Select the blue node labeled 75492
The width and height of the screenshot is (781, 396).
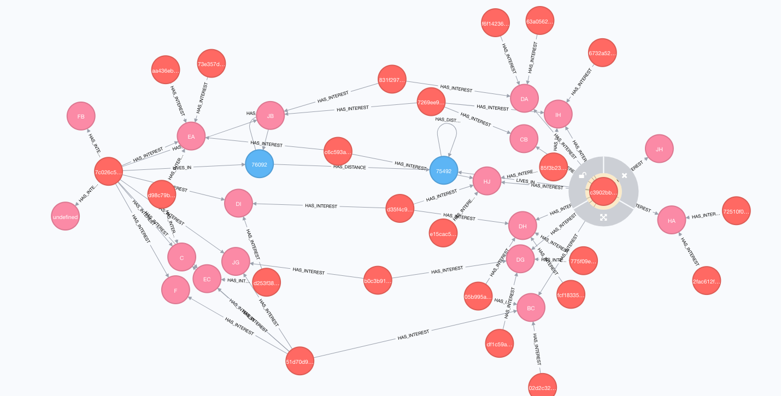[444, 170]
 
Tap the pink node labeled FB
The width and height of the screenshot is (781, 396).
[81, 116]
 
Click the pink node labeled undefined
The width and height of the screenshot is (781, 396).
[66, 217]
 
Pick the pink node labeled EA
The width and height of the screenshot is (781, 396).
[191, 137]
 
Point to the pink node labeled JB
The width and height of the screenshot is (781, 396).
[270, 116]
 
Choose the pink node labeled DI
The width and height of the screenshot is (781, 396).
[238, 204]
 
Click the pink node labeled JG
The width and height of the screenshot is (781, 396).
[236, 262]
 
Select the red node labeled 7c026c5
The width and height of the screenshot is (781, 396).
[108, 172]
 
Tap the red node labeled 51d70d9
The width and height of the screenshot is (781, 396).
[300, 361]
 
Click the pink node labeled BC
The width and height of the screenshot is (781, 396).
[531, 308]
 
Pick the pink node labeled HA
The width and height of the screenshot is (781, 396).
[672, 220]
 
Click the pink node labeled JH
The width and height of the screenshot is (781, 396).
[659, 148]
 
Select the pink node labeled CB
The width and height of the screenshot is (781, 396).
[524, 139]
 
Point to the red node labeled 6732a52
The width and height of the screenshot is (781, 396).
[602, 53]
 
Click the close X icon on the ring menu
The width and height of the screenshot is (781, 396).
[624, 176]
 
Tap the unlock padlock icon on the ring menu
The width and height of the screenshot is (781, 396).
[583, 176]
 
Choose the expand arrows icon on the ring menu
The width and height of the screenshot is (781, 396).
[603, 217]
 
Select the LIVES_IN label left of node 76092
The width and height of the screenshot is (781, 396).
[181, 167]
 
